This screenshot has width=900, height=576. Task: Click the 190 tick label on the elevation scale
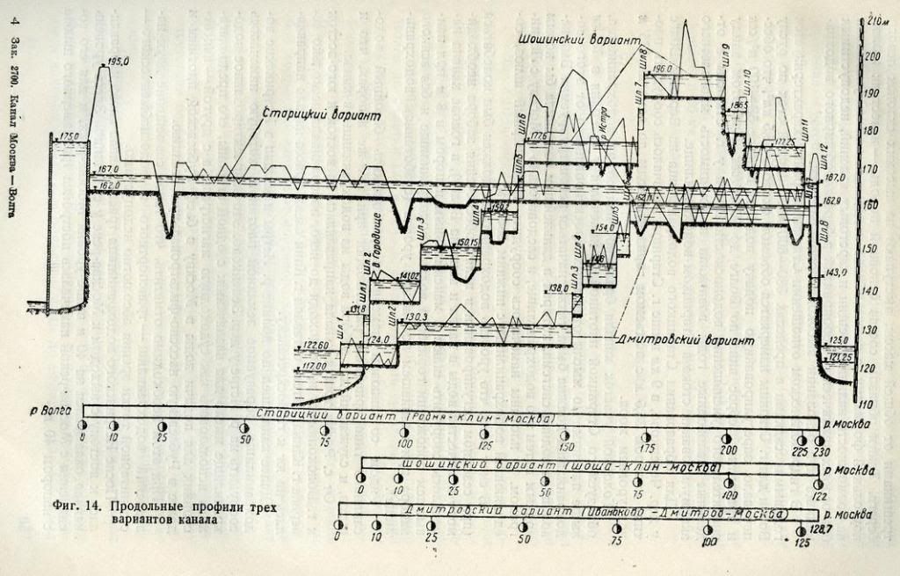870,93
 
